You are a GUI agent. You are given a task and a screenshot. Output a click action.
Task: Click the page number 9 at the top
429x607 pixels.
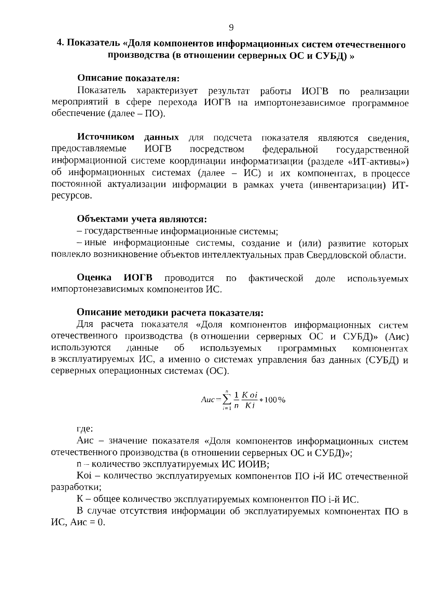pyautogui.click(x=231, y=28)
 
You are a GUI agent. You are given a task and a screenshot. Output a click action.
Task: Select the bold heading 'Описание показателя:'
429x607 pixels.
pyautogui.click(x=128, y=78)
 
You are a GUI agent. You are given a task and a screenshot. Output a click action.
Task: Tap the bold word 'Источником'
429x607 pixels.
pyautogui.click(x=106, y=137)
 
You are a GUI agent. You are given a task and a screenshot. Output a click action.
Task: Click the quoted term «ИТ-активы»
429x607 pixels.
pyautogui.click(x=379, y=161)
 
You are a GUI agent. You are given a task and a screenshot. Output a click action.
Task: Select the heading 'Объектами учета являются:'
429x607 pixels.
pyautogui.click(x=142, y=219)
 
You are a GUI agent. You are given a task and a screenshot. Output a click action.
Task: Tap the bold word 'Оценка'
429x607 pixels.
pyautogui.click(x=94, y=278)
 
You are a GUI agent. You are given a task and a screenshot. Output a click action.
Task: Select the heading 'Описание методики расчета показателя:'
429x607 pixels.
pyautogui.click(x=170, y=313)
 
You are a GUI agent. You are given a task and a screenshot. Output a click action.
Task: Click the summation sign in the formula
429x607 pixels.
pyautogui.click(x=227, y=400)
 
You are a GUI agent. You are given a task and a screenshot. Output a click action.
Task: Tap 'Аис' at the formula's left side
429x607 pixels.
pyautogui.click(x=208, y=400)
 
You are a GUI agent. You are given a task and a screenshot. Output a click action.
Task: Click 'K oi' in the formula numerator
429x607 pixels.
pyautogui.click(x=250, y=395)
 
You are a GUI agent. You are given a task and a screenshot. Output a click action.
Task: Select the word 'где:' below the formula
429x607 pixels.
pyautogui.click(x=85, y=429)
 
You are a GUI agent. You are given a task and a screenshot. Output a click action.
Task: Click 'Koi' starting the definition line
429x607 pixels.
pyautogui.click(x=84, y=476)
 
